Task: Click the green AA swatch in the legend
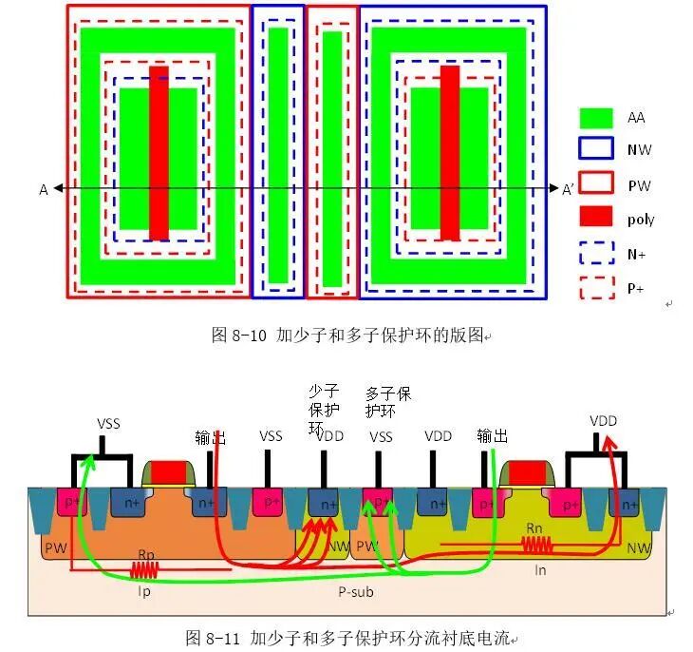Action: (x=596, y=118)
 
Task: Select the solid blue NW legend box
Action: (x=596, y=150)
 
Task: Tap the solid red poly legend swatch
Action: (x=596, y=219)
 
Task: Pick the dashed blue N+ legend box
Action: (x=596, y=253)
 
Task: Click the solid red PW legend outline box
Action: (x=596, y=184)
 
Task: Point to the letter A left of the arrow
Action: (x=43, y=190)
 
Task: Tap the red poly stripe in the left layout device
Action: (x=159, y=152)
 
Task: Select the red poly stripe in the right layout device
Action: (x=449, y=152)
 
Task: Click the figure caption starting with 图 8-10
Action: (x=347, y=335)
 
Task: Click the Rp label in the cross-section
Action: (x=146, y=554)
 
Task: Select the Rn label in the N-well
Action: (x=534, y=527)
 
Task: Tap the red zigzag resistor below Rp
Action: (x=145, y=570)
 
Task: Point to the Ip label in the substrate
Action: (x=145, y=588)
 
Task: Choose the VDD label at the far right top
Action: (x=605, y=419)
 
